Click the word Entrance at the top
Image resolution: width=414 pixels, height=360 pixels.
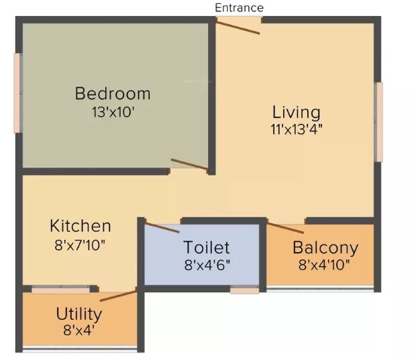point(239,7)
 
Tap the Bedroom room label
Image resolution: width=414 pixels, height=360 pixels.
point(113,93)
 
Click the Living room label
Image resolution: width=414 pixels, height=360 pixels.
point(296,111)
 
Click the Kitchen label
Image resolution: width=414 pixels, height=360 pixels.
point(80,226)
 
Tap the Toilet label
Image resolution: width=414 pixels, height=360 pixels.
point(207,248)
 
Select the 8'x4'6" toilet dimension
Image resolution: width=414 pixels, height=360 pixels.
point(207,265)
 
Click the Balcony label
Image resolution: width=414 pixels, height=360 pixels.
point(325,247)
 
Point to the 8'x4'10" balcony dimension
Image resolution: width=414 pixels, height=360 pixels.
point(325,265)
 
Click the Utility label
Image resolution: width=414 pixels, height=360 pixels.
point(79,314)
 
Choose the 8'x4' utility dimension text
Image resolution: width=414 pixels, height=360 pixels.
point(79,331)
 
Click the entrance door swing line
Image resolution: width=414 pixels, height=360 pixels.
point(238,26)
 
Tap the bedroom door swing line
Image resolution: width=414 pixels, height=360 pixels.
point(189,164)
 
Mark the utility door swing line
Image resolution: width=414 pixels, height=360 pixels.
point(118,294)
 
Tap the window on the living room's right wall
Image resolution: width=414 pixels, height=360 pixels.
point(379,122)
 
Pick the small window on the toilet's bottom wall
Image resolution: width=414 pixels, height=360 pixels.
point(244,290)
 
